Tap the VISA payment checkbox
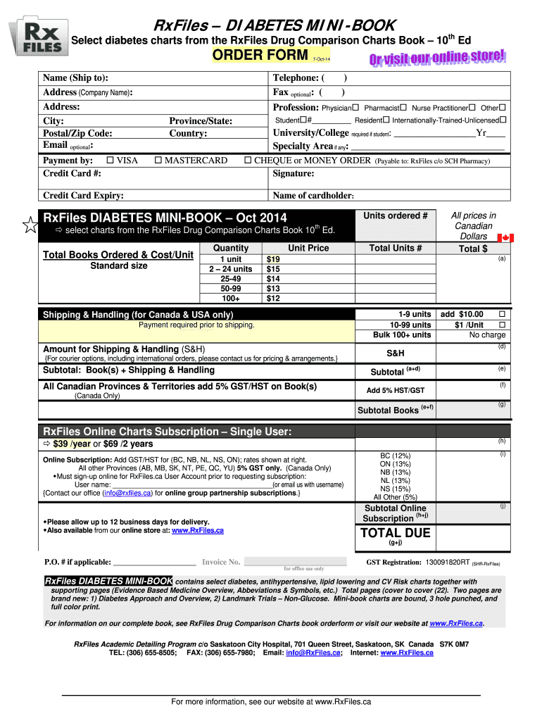point(109,161)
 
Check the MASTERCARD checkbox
point(158,161)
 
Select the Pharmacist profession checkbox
point(403,108)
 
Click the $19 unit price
point(272,259)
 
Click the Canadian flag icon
point(506,238)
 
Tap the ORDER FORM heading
point(256,56)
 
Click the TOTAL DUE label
point(395,533)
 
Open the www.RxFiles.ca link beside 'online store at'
point(198,530)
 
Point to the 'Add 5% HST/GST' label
point(395,391)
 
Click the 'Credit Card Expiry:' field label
point(84,196)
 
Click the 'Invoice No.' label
point(221,562)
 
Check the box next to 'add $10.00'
point(502,314)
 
